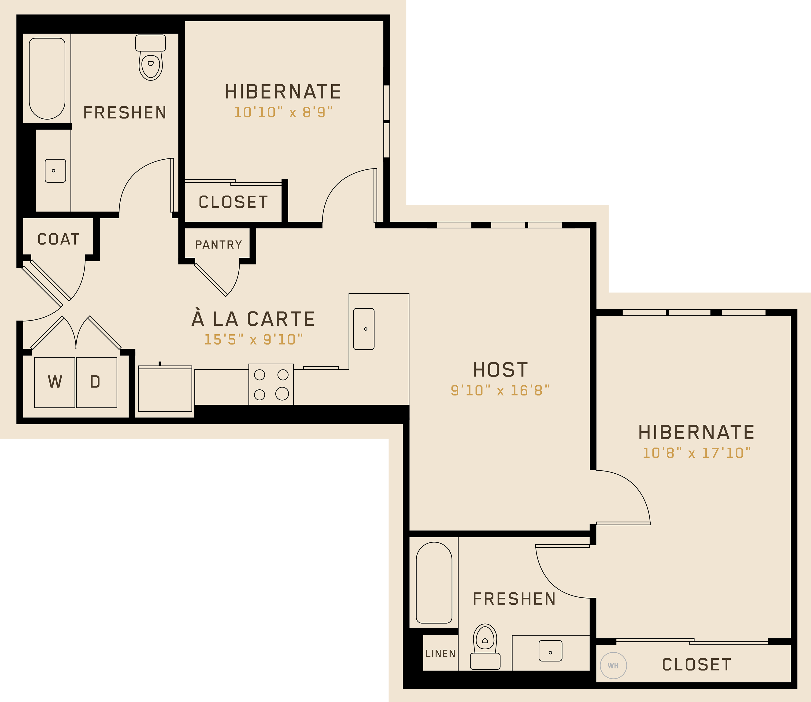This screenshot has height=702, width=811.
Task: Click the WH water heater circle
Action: click(x=613, y=665)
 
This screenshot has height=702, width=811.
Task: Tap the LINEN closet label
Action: click(x=441, y=653)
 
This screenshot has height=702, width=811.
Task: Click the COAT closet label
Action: click(x=58, y=239)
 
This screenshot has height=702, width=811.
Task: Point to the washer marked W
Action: click(x=55, y=382)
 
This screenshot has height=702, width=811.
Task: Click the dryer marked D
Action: click(x=96, y=382)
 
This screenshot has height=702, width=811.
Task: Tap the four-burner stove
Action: click(x=271, y=384)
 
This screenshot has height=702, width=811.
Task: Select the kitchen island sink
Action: click(x=364, y=329)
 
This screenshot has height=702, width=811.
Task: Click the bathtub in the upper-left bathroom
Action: click(x=47, y=78)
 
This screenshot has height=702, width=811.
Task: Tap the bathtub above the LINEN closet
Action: click(x=434, y=582)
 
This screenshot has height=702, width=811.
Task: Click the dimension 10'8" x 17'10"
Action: click(x=696, y=453)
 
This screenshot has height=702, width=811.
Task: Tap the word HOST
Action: click(x=500, y=370)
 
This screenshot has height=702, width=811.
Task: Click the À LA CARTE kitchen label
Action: click(x=253, y=318)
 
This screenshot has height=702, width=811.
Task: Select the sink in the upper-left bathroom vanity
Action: click(x=55, y=171)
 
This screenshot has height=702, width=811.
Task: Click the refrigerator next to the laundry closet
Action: click(x=165, y=389)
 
